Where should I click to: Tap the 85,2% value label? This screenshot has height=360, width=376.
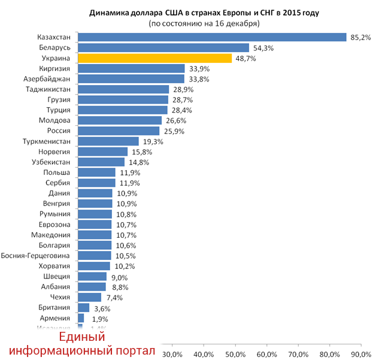point(360,37)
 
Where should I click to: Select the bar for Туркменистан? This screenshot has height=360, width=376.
point(108,141)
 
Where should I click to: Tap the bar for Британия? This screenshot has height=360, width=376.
point(83,308)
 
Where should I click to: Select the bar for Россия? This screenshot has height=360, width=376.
point(119,131)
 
